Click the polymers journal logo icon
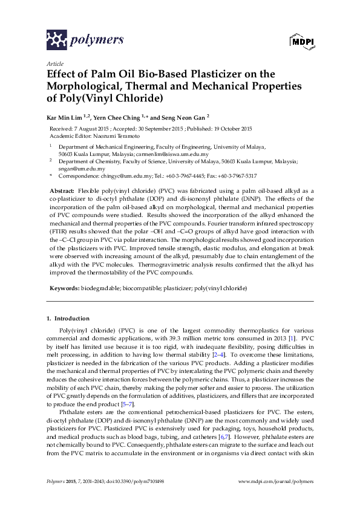point(57,40)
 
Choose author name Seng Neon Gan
point(185,117)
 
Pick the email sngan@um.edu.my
point(79,169)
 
